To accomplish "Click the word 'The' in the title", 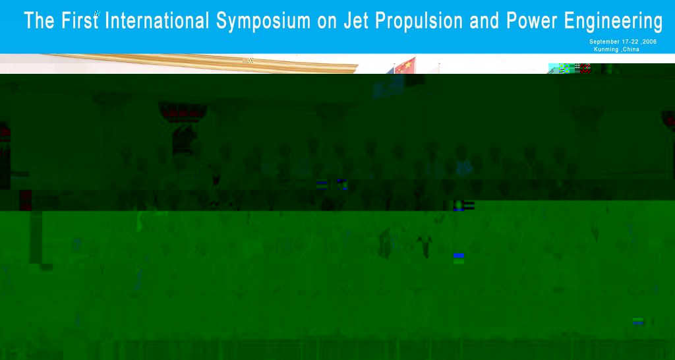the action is [39, 20].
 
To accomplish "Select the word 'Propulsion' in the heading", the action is [419, 22].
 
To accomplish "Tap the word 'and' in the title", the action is [484, 20].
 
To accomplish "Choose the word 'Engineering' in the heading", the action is [613, 22].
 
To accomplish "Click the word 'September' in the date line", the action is [604, 42].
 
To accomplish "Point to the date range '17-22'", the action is [630, 42].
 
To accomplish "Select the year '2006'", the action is [649, 42].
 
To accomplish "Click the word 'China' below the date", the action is [630, 49].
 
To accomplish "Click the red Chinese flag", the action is [405, 65].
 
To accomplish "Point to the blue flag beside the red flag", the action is [390, 70].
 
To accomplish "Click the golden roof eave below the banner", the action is [202, 63].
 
